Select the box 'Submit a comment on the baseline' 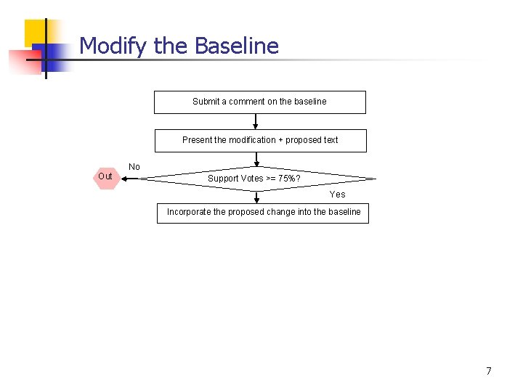click(x=259, y=102)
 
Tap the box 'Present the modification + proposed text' click(x=260, y=140)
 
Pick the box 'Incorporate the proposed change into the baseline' click(x=263, y=213)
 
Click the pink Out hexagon click(x=106, y=176)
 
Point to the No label click(x=134, y=167)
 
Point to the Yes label click(x=337, y=195)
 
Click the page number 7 click(x=488, y=371)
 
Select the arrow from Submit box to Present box click(x=255, y=121)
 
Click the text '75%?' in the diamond click(x=289, y=179)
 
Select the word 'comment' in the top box click(x=246, y=102)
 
